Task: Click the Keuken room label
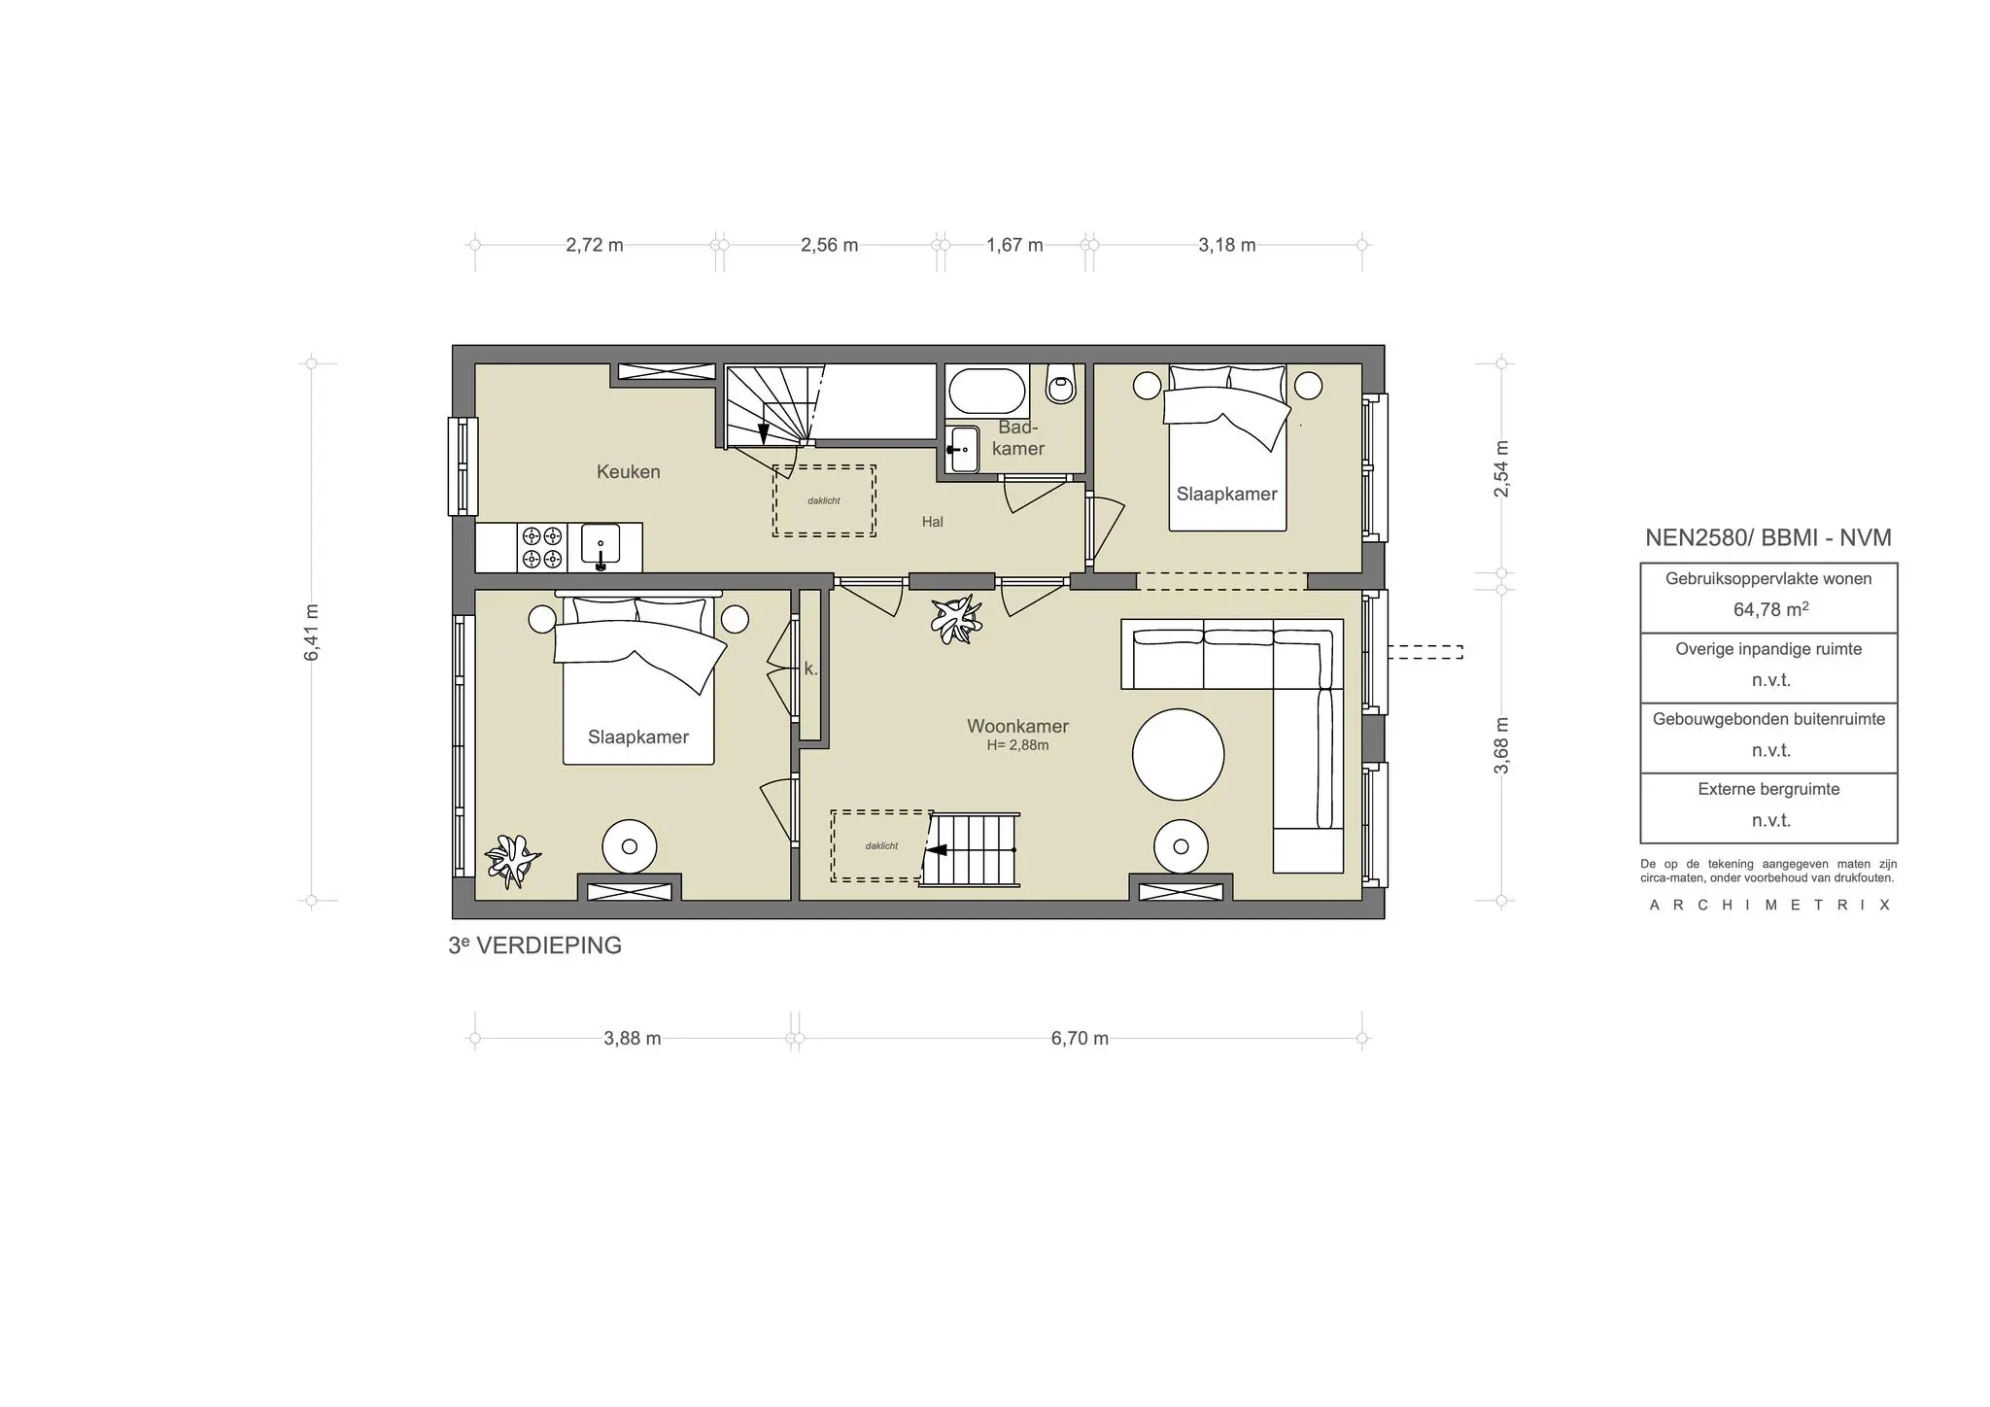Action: [628, 472]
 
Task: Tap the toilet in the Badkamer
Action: [1061, 385]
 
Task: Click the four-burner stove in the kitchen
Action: [541, 547]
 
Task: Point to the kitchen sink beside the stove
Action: [600, 546]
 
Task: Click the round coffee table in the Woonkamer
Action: [1178, 754]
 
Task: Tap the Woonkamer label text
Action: [1017, 726]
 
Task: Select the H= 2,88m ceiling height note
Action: [1017, 746]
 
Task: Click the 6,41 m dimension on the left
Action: [312, 633]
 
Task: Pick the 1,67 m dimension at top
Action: [1014, 245]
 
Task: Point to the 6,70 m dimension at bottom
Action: [1079, 1038]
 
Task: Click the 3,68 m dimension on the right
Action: [1501, 745]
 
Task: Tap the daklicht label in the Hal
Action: [824, 501]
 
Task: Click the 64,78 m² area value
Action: [1769, 610]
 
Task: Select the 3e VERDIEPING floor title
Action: [534, 945]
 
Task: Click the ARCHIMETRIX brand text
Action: [1769, 905]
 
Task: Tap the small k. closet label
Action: [810, 669]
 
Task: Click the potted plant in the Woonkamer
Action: [954, 619]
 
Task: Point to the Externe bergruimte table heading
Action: [1768, 789]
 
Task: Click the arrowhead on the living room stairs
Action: [937, 850]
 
